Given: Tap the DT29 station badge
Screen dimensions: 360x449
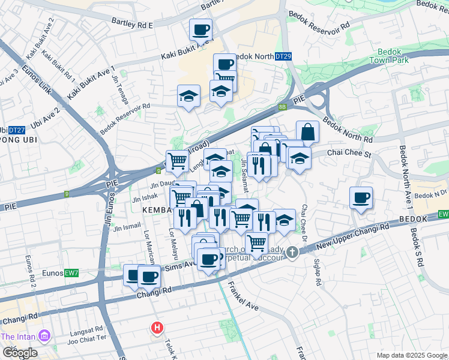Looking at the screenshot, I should point(283,56).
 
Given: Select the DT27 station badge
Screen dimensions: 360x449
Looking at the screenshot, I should point(17,130).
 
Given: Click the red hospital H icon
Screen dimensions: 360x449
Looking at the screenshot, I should point(157,328).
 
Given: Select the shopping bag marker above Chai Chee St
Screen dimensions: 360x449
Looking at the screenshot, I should point(307,132).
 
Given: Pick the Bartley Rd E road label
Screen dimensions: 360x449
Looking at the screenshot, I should point(133,23).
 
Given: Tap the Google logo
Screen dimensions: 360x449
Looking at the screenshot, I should point(20,352).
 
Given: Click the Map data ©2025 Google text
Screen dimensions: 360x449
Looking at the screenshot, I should point(411,355).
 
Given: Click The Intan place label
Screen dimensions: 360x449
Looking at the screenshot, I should point(20,336).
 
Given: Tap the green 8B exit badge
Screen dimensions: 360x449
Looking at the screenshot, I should point(282,107).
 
